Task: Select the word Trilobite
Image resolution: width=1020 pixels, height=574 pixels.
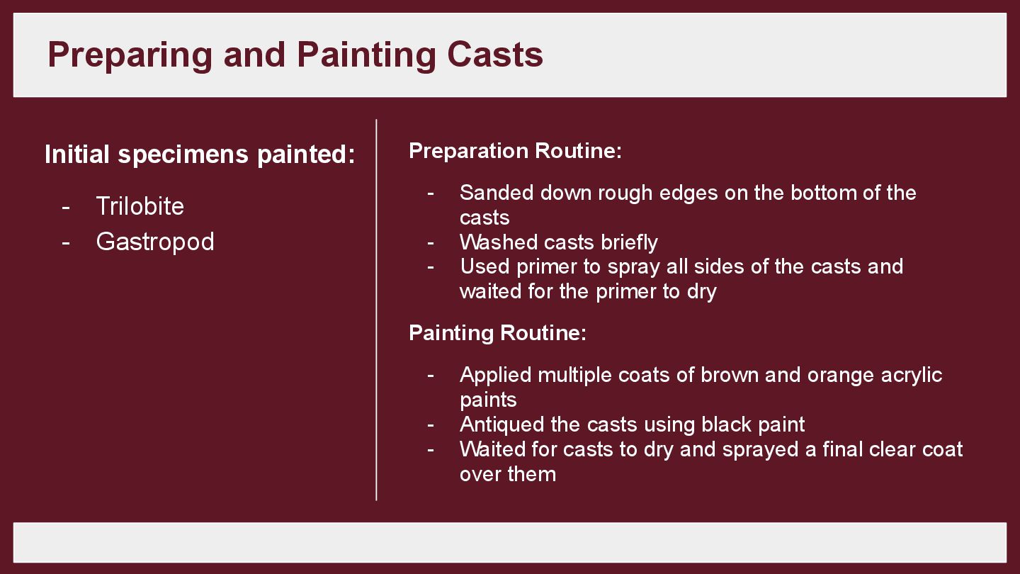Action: tap(140, 206)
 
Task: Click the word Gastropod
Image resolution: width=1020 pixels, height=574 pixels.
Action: tap(154, 242)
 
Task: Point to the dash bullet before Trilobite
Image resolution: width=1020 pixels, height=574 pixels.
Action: tap(66, 206)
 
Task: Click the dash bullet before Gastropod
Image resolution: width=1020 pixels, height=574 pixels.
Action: tap(66, 242)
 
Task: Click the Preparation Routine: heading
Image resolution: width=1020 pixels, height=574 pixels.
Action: tap(515, 151)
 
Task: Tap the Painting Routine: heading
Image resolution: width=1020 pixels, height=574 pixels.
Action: tap(497, 332)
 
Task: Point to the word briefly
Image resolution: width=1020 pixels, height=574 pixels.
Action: tap(629, 242)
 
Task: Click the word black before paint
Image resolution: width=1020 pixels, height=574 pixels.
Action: tap(727, 424)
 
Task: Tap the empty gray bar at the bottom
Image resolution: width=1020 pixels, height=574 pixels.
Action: tap(509, 542)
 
